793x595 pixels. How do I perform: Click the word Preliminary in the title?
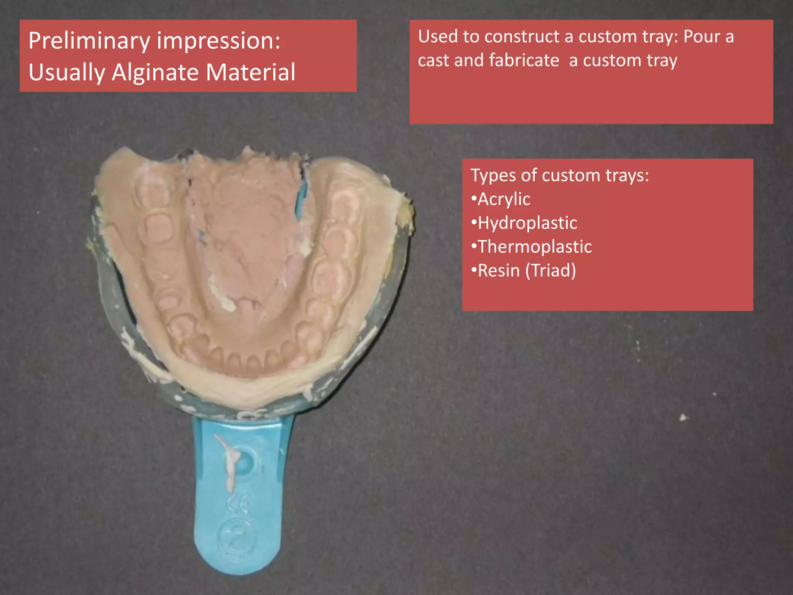89,41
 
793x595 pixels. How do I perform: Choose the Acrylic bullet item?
503,199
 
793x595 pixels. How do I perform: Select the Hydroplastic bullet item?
527,223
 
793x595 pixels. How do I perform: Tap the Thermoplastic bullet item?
534,247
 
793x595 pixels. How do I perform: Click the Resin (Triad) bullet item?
527,270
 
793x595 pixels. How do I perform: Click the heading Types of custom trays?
560,175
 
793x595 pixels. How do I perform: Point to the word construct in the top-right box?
521,37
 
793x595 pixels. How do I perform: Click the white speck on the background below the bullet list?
683,417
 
